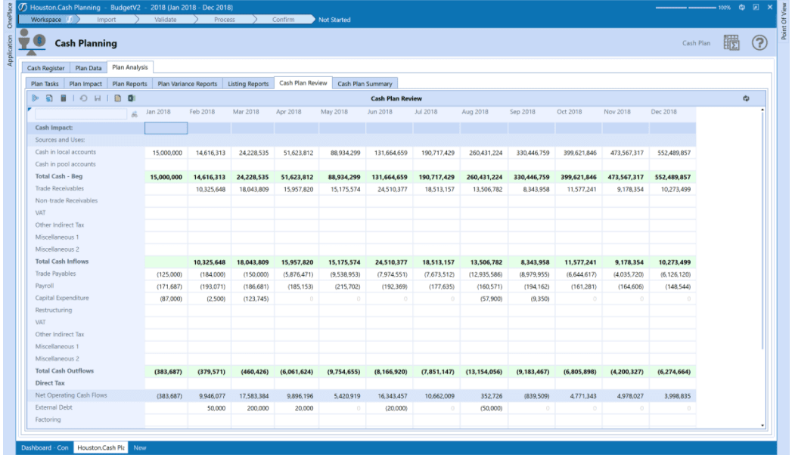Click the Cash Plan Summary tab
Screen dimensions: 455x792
[365, 84]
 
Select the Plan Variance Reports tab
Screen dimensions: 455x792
[187, 84]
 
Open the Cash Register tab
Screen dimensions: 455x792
[46, 68]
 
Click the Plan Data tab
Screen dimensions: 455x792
[88, 68]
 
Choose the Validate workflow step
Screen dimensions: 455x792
[166, 20]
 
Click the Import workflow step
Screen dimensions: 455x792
[106, 20]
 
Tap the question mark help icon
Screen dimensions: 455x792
[759, 43]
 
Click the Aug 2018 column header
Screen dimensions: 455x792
[474, 112]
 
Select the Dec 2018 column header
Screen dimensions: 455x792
[663, 112]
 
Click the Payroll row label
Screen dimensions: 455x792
[45, 286]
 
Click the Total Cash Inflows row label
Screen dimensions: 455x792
[62, 262]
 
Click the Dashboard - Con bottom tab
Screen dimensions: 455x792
[45, 447]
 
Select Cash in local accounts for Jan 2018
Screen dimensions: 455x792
[166, 152]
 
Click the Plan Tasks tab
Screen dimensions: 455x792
[45, 84]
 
